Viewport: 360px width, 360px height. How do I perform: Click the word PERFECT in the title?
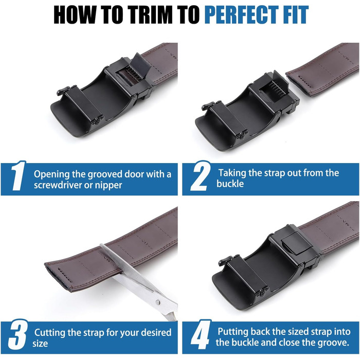coord(241,15)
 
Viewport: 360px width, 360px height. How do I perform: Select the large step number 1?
coord(18,176)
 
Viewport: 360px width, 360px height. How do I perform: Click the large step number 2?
coord(200,176)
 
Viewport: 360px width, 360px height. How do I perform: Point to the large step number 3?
coord(17,334)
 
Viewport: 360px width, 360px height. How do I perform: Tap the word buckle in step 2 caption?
coord(230,184)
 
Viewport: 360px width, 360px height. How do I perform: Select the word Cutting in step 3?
coord(50,333)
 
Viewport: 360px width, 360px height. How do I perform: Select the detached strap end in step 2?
coord(322,69)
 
